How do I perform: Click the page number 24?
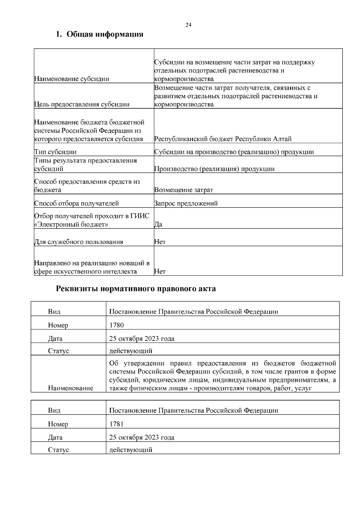point(188,25)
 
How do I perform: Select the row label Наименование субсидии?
point(72,79)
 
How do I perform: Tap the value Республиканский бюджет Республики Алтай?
point(223,139)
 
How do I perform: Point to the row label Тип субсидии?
point(55,152)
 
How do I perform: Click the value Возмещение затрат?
point(184,190)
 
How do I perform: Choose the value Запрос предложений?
point(186,204)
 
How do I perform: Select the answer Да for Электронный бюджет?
point(158,224)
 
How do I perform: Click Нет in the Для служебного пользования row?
point(160,242)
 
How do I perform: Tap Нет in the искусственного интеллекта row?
point(160,271)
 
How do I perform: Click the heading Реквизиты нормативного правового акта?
point(136,289)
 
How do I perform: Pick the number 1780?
point(117,325)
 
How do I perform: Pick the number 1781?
point(117,424)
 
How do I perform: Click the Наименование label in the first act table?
point(70,388)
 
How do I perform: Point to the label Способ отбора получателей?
point(76,204)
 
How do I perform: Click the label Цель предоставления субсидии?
point(82,104)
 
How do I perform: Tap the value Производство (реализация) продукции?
point(214,169)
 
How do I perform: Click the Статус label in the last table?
point(58,450)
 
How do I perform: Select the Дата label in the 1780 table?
point(55,339)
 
